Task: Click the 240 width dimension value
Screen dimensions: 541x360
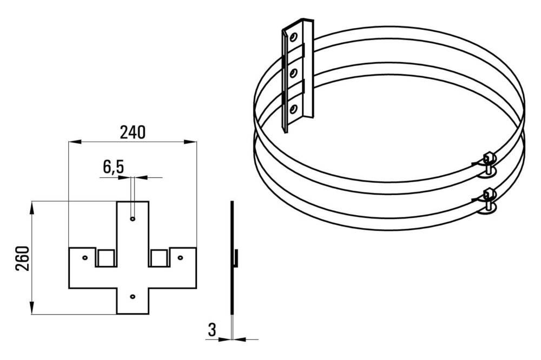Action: click(x=133, y=132)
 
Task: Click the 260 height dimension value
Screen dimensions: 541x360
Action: click(x=22, y=258)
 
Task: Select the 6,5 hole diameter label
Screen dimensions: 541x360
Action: click(x=113, y=167)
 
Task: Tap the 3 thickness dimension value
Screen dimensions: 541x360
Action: click(x=212, y=330)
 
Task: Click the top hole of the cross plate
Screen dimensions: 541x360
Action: click(x=133, y=218)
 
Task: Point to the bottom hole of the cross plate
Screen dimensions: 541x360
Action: click(x=133, y=296)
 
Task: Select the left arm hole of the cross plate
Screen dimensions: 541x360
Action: click(x=85, y=258)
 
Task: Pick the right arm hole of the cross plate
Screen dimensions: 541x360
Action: click(x=180, y=258)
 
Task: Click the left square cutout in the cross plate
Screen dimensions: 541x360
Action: click(x=106, y=258)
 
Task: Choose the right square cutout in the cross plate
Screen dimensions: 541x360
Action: click(x=160, y=258)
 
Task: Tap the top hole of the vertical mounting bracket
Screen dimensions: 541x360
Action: click(x=294, y=37)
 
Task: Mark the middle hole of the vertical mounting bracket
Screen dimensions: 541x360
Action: click(x=294, y=73)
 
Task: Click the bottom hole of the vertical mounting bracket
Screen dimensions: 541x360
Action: click(x=293, y=109)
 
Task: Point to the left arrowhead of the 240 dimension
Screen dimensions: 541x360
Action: click(x=75, y=142)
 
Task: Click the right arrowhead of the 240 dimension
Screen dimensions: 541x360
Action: click(x=190, y=142)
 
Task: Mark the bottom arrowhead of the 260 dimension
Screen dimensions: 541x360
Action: click(x=32, y=308)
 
